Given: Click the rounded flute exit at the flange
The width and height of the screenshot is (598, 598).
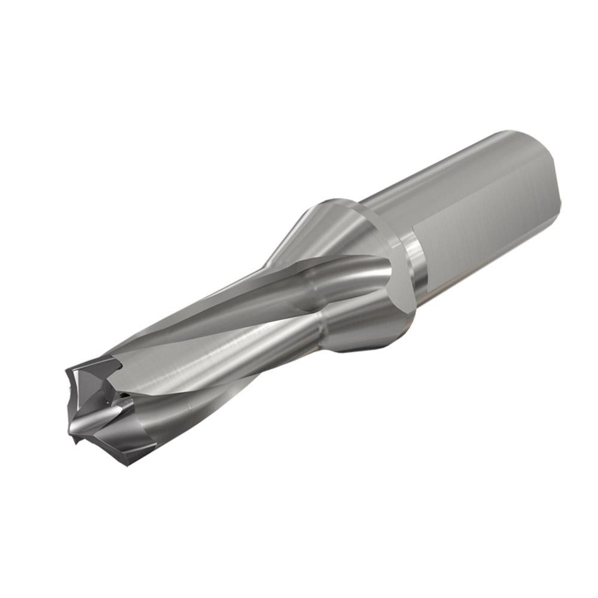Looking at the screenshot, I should [365, 275].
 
